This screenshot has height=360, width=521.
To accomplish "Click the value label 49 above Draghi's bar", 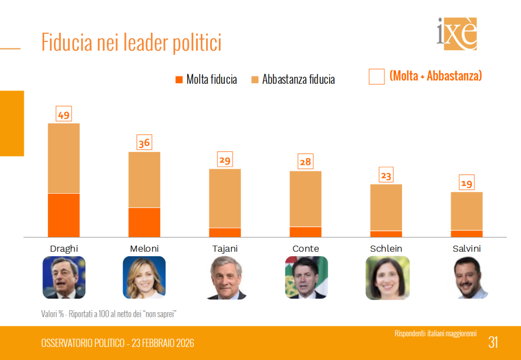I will tap(64, 115).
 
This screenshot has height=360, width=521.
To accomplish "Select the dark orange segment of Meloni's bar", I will tap(144, 222).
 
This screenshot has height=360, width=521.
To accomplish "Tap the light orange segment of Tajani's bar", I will tap(225, 198).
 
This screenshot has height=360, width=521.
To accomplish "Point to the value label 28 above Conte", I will tap(306, 162).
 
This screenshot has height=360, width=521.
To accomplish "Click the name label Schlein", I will tap(386, 249).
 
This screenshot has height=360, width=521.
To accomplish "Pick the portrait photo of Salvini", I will tap(467, 278).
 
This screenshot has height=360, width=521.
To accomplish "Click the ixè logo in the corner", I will tap(457, 34).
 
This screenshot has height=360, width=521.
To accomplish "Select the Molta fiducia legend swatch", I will tap(179, 79).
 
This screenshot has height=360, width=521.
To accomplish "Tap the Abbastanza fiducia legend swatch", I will tap(255, 79).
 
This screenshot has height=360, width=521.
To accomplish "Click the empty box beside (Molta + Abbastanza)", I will tap(377, 77).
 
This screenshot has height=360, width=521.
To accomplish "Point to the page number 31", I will tap(493, 342).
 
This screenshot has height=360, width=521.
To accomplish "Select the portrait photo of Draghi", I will tap(64, 278).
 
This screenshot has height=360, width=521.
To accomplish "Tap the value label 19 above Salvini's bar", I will tap(467, 184).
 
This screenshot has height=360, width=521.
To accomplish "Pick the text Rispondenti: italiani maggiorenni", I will tap(436, 334).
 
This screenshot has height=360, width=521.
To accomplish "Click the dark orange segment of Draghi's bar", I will tap(64, 215).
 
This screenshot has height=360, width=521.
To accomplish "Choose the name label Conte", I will tap(306, 249).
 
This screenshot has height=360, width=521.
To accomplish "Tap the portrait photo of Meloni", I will tap(144, 278).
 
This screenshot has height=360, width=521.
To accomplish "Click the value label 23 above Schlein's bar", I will tap(386, 176).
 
